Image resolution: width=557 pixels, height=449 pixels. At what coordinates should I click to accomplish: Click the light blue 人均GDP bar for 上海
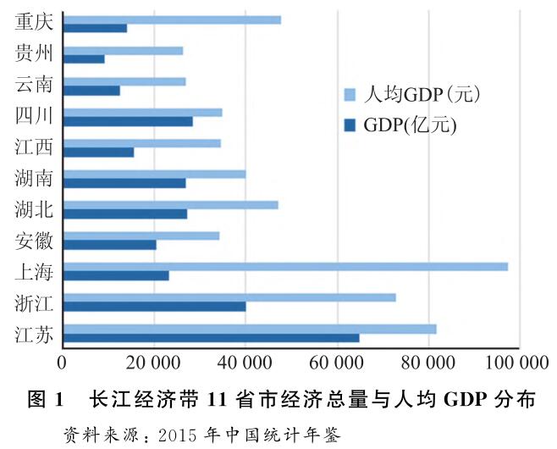tap(285, 266)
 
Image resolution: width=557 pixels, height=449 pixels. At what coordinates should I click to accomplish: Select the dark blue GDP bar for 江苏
tap(212, 338)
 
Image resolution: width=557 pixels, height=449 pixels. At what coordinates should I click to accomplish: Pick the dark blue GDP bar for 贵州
tap(84, 58)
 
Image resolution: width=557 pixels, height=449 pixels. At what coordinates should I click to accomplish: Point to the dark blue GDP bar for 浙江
tap(154, 307)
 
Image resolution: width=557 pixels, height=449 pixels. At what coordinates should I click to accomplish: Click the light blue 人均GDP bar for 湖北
tap(170, 204)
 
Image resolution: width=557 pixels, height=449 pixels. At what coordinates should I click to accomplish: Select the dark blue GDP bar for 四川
tap(128, 121)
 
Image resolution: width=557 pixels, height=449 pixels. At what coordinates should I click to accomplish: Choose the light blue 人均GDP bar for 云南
tap(124, 81)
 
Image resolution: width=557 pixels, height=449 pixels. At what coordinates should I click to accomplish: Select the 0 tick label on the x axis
tap(63, 364)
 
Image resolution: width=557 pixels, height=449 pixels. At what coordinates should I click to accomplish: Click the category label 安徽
tap(35, 241)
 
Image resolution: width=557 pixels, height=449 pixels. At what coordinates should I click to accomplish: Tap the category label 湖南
tap(35, 178)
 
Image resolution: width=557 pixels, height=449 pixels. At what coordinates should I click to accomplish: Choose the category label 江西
tap(35, 147)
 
